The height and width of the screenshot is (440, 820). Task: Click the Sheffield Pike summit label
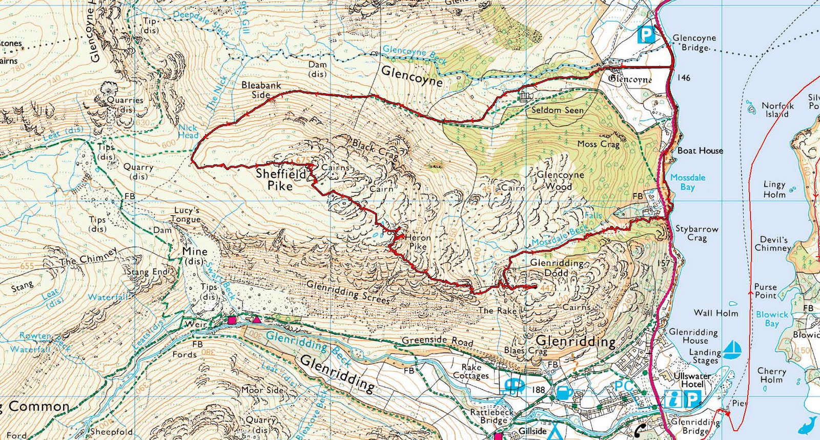[280, 179]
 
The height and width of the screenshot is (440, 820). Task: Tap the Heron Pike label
[418, 242]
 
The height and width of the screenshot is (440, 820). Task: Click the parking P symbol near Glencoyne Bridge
[646, 35]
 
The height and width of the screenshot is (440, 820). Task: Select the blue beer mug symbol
[564, 393]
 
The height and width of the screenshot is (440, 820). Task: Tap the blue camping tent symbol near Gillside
[554, 431]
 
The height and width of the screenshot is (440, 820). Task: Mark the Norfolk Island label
[777, 110]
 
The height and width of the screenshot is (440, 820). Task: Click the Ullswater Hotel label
[692, 380]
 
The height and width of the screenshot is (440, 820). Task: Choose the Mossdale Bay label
[688, 182]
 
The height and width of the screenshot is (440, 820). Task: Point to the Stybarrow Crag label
[696, 233]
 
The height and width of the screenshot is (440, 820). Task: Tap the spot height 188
[538, 390]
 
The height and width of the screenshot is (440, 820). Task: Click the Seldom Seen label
[557, 110]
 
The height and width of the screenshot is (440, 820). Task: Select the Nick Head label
[188, 131]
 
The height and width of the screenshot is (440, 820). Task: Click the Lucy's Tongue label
[187, 215]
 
